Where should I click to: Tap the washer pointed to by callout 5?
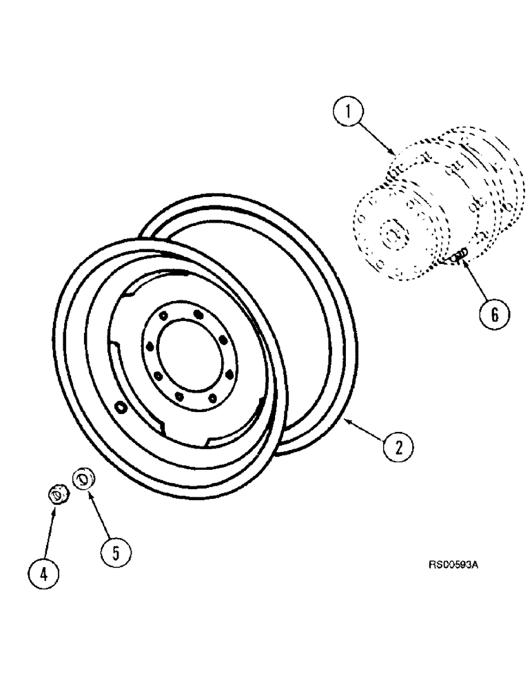pyautogui.click(x=83, y=477)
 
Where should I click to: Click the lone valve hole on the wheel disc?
pyautogui.click(x=122, y=408)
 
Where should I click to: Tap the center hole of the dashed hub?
pyautogui.click(x=391, y=234)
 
